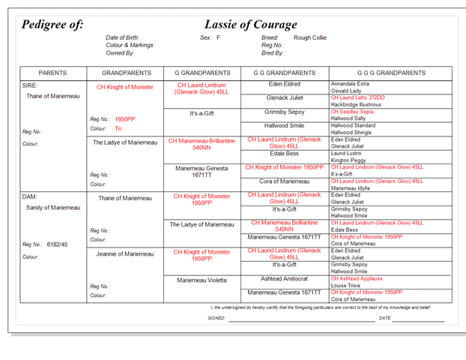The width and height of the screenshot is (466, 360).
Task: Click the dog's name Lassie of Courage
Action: [250, 24]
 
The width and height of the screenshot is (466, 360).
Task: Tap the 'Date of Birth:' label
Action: [124, 37]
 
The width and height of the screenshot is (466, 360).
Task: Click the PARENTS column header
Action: [52, 73]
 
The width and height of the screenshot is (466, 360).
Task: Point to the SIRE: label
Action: [31, 85]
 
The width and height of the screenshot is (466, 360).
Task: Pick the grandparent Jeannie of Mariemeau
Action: [124, 253]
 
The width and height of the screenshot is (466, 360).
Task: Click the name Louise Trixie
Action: [348, 286]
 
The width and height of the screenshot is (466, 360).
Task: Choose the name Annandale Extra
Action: [350, 84]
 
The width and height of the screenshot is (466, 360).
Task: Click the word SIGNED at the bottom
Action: [216, 318]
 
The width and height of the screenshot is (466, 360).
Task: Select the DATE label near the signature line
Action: [384, 318]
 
